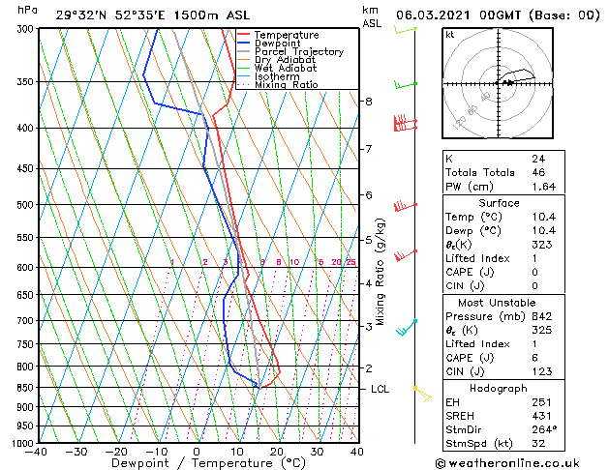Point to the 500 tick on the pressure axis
25,205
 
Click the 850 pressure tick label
25,388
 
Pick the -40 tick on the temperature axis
37,452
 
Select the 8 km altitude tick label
368,102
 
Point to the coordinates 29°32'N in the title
78,15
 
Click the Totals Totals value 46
538,171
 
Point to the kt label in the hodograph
449,35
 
